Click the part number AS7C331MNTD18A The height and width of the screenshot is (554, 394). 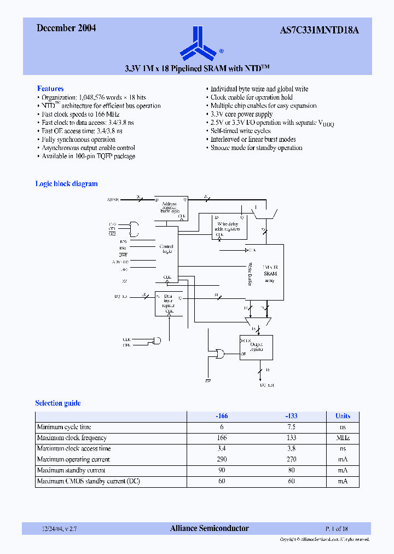click(323, 29)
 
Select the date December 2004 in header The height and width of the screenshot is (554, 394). click(66, 28)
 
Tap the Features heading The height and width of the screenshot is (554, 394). click(50, 89)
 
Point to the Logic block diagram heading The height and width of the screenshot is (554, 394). click(66, 184)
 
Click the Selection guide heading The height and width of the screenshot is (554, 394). click(58, 403)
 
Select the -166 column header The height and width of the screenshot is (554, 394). click(222, 416)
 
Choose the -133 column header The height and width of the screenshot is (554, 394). click(291, 416)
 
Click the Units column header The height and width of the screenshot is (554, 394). click(343, 416)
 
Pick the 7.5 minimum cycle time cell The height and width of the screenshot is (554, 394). click(291, 427)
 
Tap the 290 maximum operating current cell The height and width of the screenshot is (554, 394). click(222, 459)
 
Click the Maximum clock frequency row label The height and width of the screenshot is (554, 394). click(72, 438)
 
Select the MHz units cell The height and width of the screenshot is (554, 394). click(343, 438)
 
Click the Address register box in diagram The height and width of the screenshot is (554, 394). click(170, 208)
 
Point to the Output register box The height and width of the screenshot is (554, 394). click(256, 347)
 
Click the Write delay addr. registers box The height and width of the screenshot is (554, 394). click(229, 227)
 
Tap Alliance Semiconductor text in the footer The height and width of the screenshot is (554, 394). click(210, 528)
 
